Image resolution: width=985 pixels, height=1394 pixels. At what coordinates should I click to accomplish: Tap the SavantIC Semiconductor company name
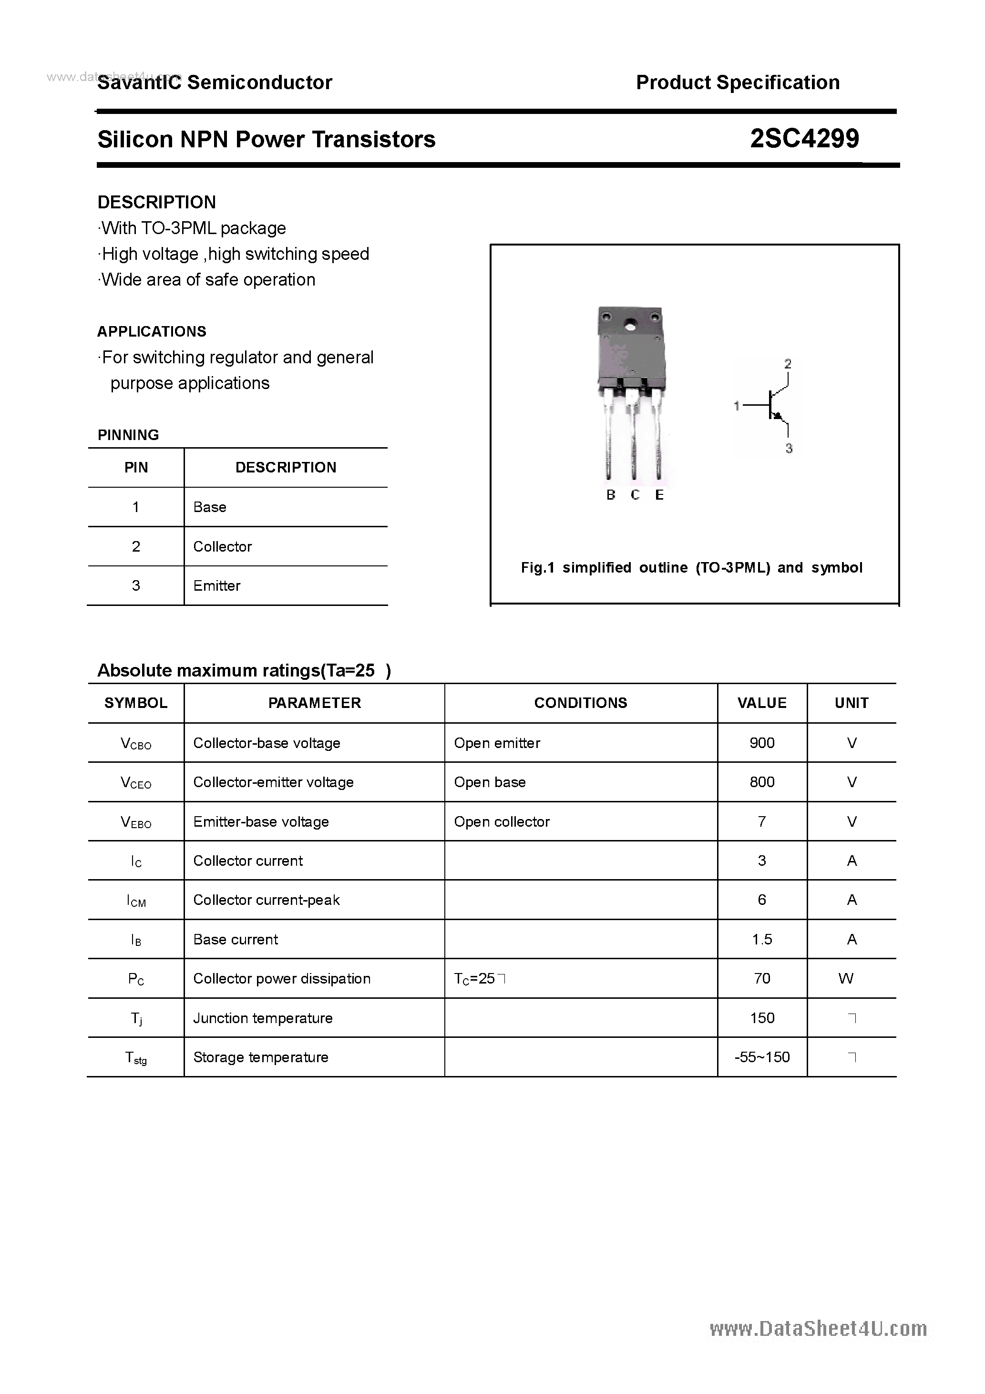(x=215, y=82)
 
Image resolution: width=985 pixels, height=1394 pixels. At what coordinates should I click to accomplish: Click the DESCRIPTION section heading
(x=157, y=202)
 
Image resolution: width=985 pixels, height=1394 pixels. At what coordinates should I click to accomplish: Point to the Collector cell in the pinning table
(x=222, y=546)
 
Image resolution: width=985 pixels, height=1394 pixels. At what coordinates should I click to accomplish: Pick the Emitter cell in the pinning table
(x=217, y=586)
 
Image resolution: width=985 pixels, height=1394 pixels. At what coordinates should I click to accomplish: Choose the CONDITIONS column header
(x=581, y=703)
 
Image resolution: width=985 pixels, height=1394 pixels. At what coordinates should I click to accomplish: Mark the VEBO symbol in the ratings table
(x=136, y=822)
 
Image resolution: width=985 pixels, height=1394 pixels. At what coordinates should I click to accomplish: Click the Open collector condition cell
(x=502, y=821)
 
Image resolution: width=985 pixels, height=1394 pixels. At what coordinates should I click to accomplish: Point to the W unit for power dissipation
(x=845, y=979)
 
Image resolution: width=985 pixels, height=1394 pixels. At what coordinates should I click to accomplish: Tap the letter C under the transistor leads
(x=635, y=495)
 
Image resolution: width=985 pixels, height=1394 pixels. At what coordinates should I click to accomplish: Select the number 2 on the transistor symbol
(x=788, y=364)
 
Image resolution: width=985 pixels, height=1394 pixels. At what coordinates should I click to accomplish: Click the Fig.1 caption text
(x=691, y=568)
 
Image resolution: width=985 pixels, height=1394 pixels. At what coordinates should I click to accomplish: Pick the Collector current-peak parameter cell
(x=266, y=900)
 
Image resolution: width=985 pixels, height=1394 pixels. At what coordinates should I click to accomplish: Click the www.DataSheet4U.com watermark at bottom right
(x=818, y=1329)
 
